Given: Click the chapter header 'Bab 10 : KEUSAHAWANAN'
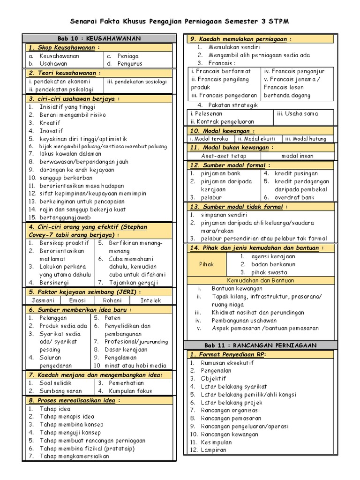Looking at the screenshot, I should click(x=99, y=38).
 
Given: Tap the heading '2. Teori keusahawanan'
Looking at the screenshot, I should click(x=64, y=73).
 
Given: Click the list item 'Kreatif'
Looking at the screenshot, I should click(x=51, y=122).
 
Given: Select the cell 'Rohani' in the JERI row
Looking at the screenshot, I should click(x=112, y=300).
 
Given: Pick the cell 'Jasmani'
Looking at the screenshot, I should click(x=43, y=300).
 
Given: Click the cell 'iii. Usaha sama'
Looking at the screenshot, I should click(x=297, y=113).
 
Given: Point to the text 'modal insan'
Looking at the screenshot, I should click(x=298, y=156).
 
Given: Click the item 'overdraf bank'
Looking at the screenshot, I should click(x=294, y=197).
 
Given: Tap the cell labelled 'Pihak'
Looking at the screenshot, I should click(x=206, y=264).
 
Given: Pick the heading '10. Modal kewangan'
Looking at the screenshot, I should click(x=223, y=131).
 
